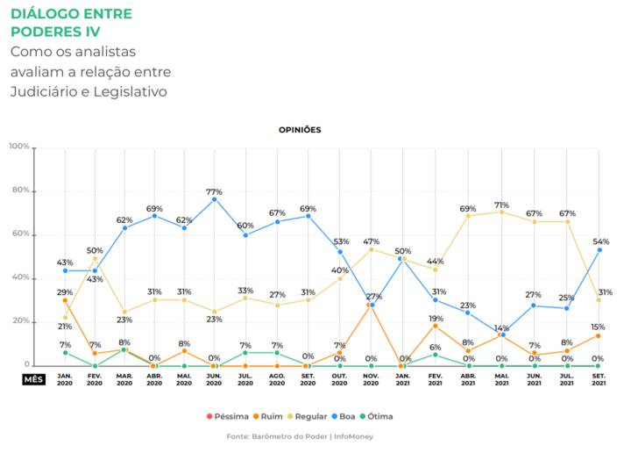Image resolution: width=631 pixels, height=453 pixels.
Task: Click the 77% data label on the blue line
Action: point(215,191)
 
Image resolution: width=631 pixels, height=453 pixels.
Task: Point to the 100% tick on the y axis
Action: point(18,147)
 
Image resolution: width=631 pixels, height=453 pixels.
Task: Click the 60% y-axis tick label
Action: point(20,234)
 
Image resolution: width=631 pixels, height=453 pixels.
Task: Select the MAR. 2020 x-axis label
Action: point(125,378)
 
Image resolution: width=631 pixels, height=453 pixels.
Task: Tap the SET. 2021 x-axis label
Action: point(598,378)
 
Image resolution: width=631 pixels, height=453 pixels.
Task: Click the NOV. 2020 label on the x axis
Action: point(371,378)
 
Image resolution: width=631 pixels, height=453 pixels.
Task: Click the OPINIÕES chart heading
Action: point(300,129)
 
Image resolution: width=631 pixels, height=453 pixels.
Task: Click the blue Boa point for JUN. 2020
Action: point(215,199)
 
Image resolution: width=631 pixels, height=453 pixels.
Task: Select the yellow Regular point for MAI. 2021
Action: point(502,212)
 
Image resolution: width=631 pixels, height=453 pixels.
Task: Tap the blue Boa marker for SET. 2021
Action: point(599,250)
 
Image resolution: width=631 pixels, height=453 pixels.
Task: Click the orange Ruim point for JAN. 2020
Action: point(65,300)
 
